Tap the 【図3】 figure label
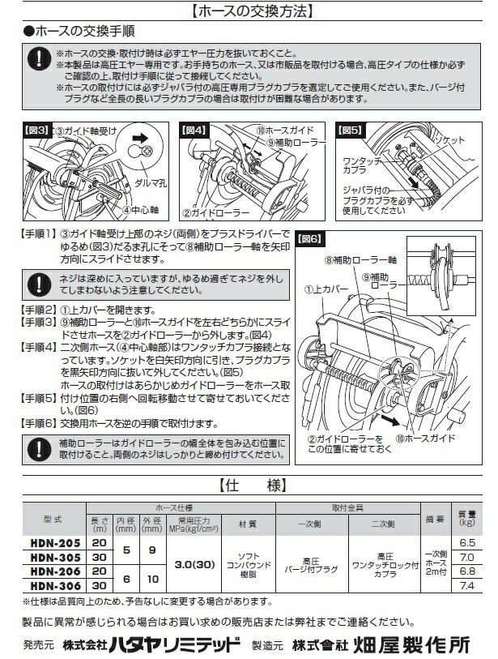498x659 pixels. pos(36,129)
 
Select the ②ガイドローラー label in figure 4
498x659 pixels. pos(208,215)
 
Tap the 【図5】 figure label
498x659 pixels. pos(351,129)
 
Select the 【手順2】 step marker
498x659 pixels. pos(37,310)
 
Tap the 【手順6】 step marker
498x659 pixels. pos(37,422)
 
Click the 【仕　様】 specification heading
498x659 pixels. pos(249,486)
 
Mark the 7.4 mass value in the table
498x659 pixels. pos(466,584)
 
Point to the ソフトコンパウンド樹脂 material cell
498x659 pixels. pos(247,563)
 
